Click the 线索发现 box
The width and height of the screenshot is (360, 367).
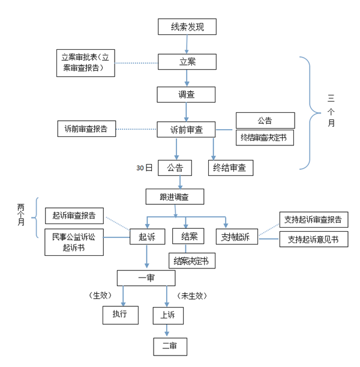[x=186, y=26]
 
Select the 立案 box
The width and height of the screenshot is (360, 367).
[x=186, y=61]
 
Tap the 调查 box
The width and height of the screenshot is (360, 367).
[x=186, y=95]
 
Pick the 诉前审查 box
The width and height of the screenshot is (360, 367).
[x=186, y=129]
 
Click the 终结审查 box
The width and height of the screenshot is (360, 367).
[x=230, y=168]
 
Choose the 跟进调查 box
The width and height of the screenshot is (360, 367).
[x=175, y=196]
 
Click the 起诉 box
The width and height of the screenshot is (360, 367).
[x=147, y=237]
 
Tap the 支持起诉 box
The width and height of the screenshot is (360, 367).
[x=236, y=237]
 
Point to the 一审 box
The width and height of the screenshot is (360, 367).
[x=146, y=278]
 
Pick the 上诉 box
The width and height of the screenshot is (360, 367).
[x=167, y=314]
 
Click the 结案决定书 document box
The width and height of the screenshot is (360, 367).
[x=191, y=261]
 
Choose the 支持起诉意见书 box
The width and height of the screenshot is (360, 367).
[x=313, y=239]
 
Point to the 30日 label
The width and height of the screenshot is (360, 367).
[x=145, y=168]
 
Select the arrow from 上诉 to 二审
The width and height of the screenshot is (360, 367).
[x=167, y=330]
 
